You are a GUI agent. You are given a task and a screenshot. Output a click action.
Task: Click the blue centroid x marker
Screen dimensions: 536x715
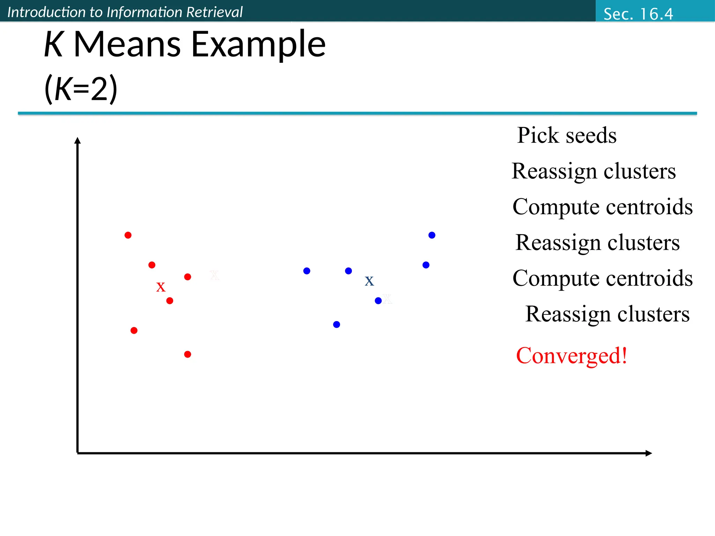pyautogui.click(x=369, y=281)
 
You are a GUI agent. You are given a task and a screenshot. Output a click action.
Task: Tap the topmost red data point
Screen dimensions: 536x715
pyautogui.click(x=128, y=235)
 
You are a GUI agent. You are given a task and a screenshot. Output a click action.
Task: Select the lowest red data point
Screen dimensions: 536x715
pyautogui.click(x=187, y=354)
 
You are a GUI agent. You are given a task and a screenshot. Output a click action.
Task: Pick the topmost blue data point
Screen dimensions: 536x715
pyautogui.click(x=432, y=235)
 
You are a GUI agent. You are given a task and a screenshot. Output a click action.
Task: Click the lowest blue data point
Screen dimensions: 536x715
pyautogui.click(x=337, y=325)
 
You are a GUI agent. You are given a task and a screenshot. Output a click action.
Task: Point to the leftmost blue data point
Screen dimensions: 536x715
pyautogui.click(x=307, y=271)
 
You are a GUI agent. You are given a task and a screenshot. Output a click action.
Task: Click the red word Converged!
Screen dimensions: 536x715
pyautogui.click(x=572, y=356)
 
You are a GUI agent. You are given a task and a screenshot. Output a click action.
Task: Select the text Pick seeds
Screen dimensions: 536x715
pyautogui.click(x=567, y=135)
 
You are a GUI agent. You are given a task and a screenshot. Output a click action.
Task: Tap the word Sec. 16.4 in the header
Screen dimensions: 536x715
pyautogui.click(x=638, y=14)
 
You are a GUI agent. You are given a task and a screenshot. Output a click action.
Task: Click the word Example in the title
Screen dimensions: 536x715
pyautogui.click(x=258, y=44)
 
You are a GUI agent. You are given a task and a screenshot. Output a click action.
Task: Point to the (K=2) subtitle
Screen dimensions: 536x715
pyautogui.click(x=81, y=89)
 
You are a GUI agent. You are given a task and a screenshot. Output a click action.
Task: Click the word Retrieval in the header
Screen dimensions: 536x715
pyautogui.click(x=214, y=12)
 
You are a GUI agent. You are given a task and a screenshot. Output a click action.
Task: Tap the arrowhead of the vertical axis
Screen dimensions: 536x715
pyautogui.click(x=78, y=140)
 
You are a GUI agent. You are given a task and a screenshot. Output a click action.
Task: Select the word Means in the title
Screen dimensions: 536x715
pyautogui.click(x=127, y=44)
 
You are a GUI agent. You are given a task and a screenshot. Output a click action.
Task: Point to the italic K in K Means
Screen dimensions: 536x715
pyautogui.click(x=53, y=44)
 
